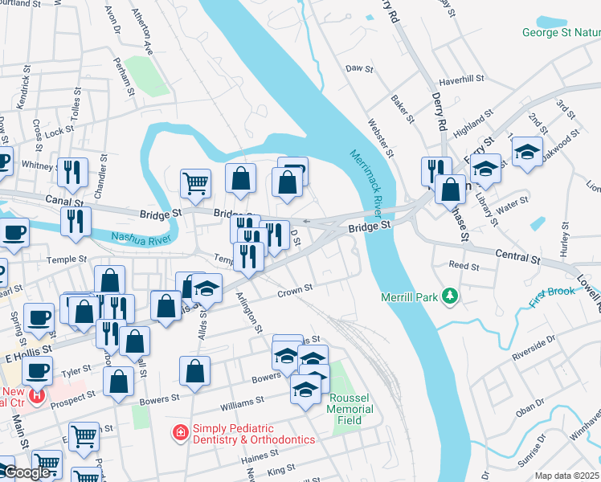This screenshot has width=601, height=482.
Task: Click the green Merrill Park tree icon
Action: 451,297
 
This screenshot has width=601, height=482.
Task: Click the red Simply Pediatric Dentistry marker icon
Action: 181,434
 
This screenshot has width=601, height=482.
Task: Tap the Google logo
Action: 27,472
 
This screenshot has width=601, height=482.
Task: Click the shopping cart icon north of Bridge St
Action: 195,184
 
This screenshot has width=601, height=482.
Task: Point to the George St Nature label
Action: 561,33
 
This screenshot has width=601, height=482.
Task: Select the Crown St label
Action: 294,291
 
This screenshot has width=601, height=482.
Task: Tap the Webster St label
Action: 381,137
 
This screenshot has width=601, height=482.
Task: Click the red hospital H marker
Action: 35,395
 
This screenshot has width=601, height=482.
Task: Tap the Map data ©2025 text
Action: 567,476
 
